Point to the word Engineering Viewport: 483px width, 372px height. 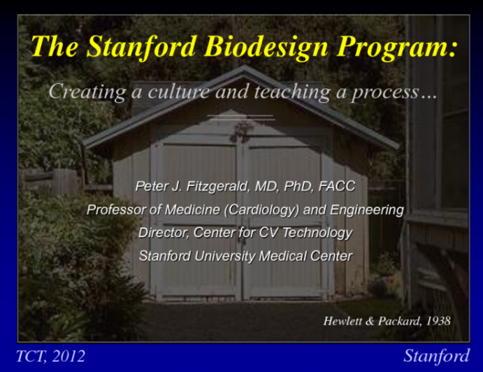pyautogui.click(x=368, y=209)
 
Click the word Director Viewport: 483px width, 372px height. pyautogui.click(x=162, y=232)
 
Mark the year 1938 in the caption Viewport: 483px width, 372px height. pyautogui.click(x=435, y=321)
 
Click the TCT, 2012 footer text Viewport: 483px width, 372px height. pyautogui.click(x=50, y=356)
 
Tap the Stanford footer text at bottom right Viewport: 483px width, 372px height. pyautogui.click(x=436, y=356)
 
